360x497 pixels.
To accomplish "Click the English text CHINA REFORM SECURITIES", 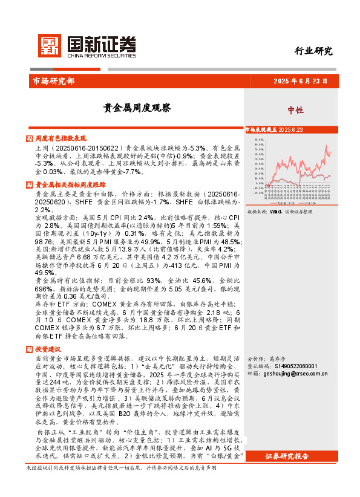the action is click(x=102, y=53).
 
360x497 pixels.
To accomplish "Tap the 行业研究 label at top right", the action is click(x=313, y=51).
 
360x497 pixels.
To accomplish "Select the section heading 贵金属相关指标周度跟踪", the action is click(x=71, y=184).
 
